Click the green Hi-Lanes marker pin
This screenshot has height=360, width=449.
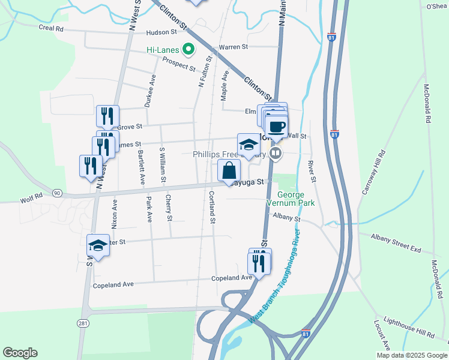[188, 49]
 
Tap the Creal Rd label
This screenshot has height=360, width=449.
[51, 28]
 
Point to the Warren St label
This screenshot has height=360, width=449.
[233, 47]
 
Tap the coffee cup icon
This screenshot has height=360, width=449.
[277, 127]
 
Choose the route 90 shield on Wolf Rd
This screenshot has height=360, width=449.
[57, 193]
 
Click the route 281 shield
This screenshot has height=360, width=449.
[83, 323]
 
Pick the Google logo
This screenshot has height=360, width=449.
[20, 353]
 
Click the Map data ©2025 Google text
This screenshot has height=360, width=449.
[411, 355]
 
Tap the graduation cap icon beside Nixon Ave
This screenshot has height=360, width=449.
[98, 245]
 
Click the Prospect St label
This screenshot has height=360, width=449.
[179, 65]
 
